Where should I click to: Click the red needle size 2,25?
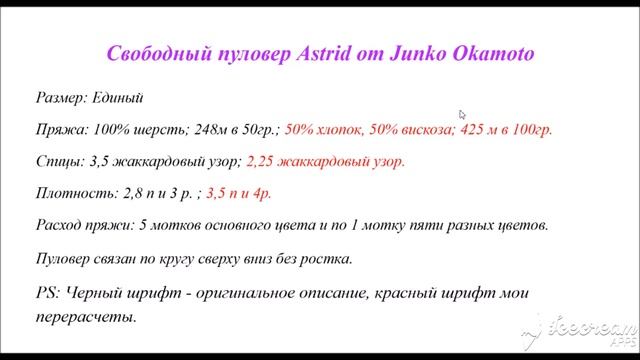click(263, 161)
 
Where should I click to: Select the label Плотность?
click(72, 192)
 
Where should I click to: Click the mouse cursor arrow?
click(462, 115)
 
